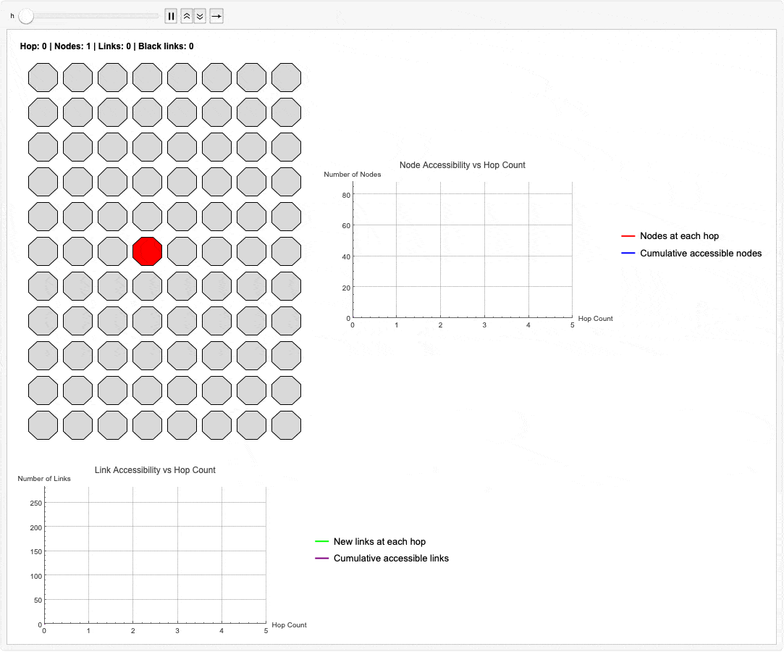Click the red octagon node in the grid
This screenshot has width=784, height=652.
pyautogui.click(x=148, y=251)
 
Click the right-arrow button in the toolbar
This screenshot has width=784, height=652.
pyautogui.click(x=216, y=17)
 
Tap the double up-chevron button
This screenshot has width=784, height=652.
pyautogui.click(x=187, y=17)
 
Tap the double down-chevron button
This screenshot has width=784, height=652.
pyautogui.click(x=200, y=17)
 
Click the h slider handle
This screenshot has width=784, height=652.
pyautogui.click(x=26, y=17)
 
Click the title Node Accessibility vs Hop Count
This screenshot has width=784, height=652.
pyautogui.click(x=463, y=165)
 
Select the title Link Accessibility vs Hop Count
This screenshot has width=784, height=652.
pyautogui.click(x=155, y=470)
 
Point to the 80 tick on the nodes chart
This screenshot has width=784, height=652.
pyautogui.click(x=346, y=195)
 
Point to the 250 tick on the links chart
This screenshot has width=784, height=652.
pyautogui.click(x=36, y=503)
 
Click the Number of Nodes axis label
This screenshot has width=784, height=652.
pyautogui.click(x=353, y=174)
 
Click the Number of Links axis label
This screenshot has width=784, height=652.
pyautogui.click(x=44, y=478)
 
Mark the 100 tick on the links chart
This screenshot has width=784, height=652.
pyautogui.click(x=36, y=576)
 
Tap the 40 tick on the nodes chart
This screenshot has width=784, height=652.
pyautogui.click(x=346, y=256)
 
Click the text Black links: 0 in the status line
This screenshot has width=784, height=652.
pyautogui.click(x=166, y=46)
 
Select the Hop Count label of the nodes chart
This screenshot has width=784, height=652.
pyautogui.click(x=596, y=318)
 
